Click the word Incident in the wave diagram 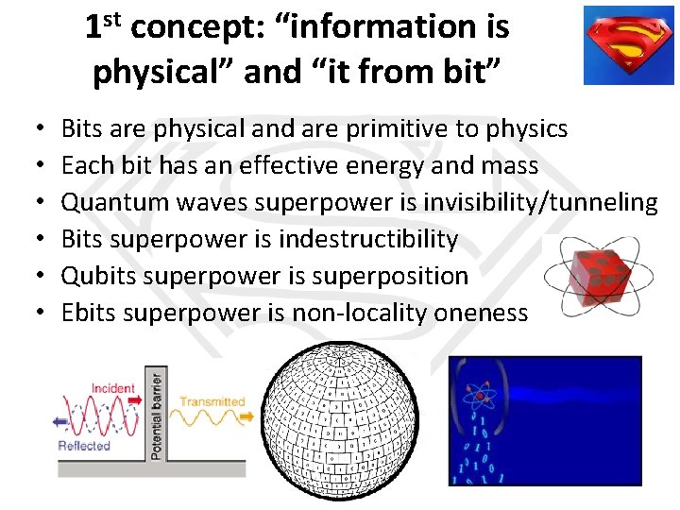tap(113, 388)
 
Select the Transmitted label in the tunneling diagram tap(212, 401)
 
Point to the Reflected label tap(84, 446)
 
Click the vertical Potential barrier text tap(156, 415)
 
